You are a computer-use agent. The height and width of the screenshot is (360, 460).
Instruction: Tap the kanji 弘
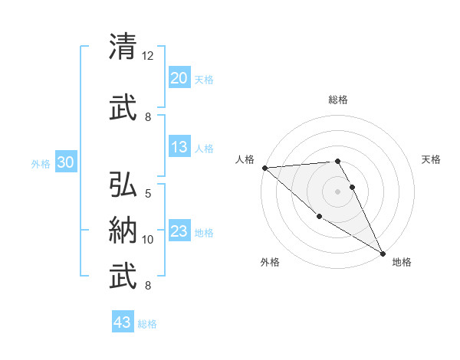click(x=124, y=185)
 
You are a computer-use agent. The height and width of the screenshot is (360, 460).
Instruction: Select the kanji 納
click(x=124, y=231)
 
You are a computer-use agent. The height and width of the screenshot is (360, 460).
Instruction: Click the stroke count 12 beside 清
click(x=148, y=56)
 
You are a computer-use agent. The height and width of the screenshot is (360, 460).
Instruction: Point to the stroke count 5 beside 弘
click(x=148, y=194)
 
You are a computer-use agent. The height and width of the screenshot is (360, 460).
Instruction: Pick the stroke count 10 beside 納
click(x=148, y=240)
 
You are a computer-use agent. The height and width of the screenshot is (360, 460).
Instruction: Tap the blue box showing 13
click(x=179, y=147)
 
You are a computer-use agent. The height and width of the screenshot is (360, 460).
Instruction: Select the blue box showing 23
click(x=179, y=231)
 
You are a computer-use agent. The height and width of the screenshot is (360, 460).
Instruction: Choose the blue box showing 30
click(x=65, y=162)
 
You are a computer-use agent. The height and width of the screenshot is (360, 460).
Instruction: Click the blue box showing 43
click(x=122, y=322)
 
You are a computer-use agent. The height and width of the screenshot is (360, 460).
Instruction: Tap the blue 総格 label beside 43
click(x=147, y=324)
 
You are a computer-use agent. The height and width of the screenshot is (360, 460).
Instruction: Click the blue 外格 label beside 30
click(x=41, y=164)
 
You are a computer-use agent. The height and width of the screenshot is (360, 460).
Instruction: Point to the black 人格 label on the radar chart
click(x=245, y=160)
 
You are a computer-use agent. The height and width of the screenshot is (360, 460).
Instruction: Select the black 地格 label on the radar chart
click(x=402, y=262)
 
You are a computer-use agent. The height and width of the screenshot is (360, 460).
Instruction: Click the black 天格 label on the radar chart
click(x=432, y=159)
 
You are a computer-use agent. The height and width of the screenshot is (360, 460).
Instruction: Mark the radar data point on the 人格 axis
click(x=264, y=168)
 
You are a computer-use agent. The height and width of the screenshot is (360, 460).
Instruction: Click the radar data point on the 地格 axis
click(x=383, y=254)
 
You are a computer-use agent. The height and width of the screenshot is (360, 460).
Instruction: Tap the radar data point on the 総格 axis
click(x=337, y=161)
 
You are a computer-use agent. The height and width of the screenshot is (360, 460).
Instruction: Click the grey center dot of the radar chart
click(x=337, y=191)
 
